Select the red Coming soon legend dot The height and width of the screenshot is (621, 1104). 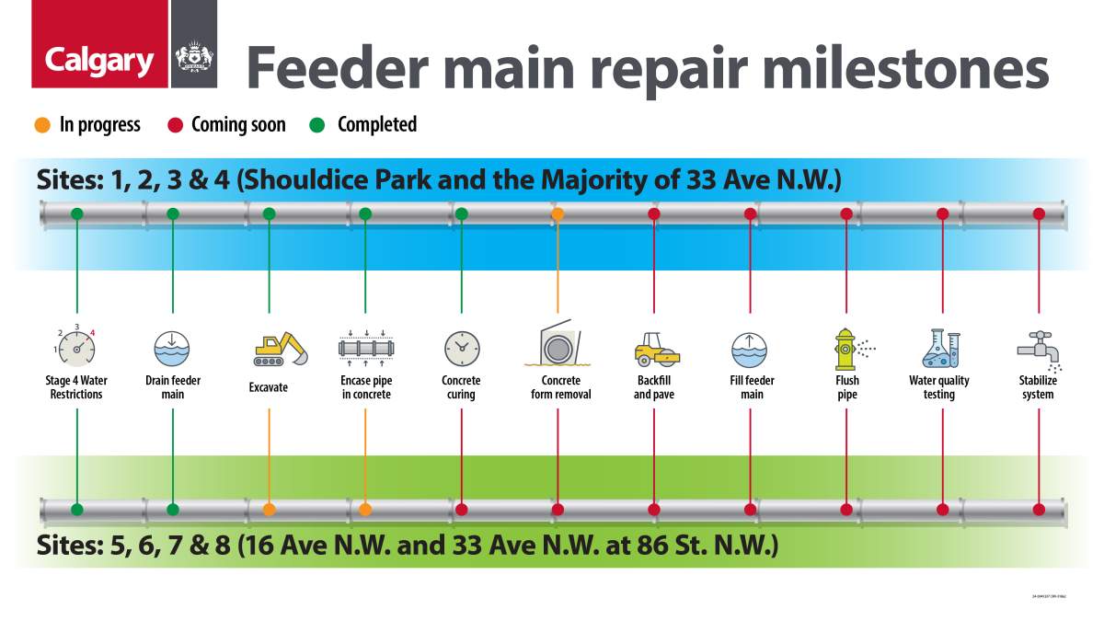(174, 125)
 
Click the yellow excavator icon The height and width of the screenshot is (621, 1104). (280, 348)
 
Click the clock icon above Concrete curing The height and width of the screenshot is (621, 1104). (461, 348)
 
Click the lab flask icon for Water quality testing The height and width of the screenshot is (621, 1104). (940, 348)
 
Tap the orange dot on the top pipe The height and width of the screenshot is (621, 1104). (558, 213)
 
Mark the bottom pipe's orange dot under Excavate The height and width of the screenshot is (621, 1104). (269, 509)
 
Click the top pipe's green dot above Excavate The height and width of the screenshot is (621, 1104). (269, 213)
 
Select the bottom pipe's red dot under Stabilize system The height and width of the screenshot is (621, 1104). (1039, 509)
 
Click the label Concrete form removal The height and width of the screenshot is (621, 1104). (560, 387)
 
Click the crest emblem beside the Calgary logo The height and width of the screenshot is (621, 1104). (193, 57)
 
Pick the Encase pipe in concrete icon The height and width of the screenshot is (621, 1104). (365, 348)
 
